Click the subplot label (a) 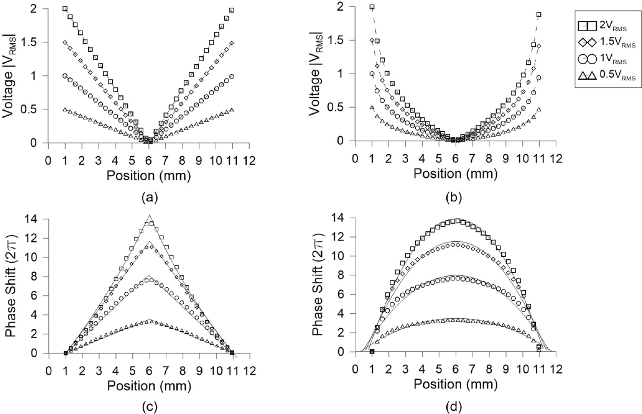coord(149,198)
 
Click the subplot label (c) coord(149,405)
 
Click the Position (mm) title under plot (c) coord(149,385)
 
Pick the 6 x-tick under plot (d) coord(455,369)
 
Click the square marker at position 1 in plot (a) coord(65,9)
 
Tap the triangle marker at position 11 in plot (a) coord(232,110)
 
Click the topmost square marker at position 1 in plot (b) coord(372,7)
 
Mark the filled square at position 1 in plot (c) coord(66,353)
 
